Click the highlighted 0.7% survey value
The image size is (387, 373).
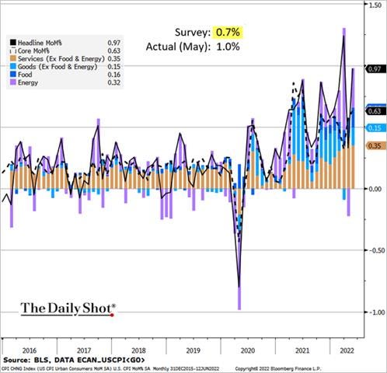(x=225, y=33)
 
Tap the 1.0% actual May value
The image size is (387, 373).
(x=225, y=47)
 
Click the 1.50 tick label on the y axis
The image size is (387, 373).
(x=374, y=5)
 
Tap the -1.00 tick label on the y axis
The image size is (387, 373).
(x=372, y=312)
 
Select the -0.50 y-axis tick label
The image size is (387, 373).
(x=372, y=250)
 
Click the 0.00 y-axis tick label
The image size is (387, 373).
(x=374, y=189)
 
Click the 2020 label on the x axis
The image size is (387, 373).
(x=251, y=350)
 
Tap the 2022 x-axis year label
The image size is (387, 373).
(x=340, y=350)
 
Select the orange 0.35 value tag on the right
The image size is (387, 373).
(x=374, y=145)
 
